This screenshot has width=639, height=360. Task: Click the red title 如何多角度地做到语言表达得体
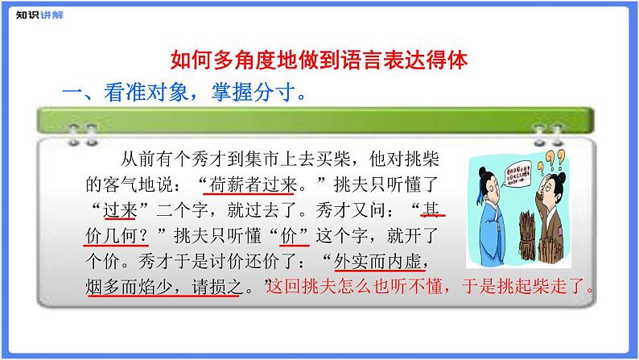pyautogui.click(x=319, y=60)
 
